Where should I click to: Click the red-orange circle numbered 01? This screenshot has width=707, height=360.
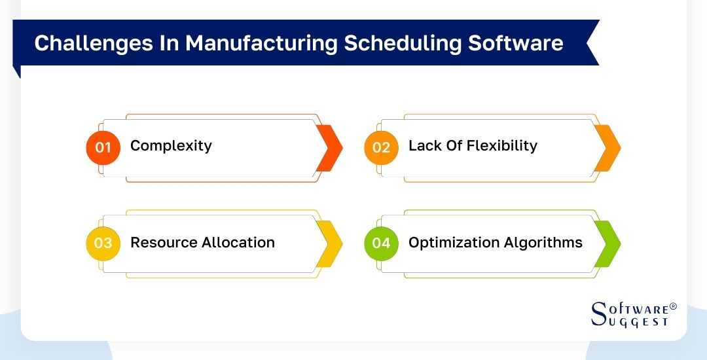click(x=103, y=147)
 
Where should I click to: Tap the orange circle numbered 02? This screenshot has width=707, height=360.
click(x=381, y=147)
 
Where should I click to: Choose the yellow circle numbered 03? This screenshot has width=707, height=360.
click(x=103, y=243)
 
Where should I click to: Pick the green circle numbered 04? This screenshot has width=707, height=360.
click(x=381, y=243)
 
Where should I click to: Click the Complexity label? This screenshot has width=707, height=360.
click(x=171, y=146)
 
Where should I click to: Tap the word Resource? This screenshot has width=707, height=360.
click(x=164, y=243)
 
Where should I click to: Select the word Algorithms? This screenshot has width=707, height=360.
click(x=543, y=243)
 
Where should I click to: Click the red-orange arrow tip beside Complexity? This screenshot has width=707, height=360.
click(x=331, y=148)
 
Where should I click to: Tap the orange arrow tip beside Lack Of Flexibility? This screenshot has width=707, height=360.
click(x=609, y=148)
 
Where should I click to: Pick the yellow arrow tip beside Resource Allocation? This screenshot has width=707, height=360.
click(x=331, y=243)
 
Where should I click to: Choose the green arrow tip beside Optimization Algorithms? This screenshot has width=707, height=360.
click(x=609, y=243)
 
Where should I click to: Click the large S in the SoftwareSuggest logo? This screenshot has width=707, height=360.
click(x=599, y=314)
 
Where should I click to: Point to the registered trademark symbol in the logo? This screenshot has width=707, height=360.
click(x=673, y=306)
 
